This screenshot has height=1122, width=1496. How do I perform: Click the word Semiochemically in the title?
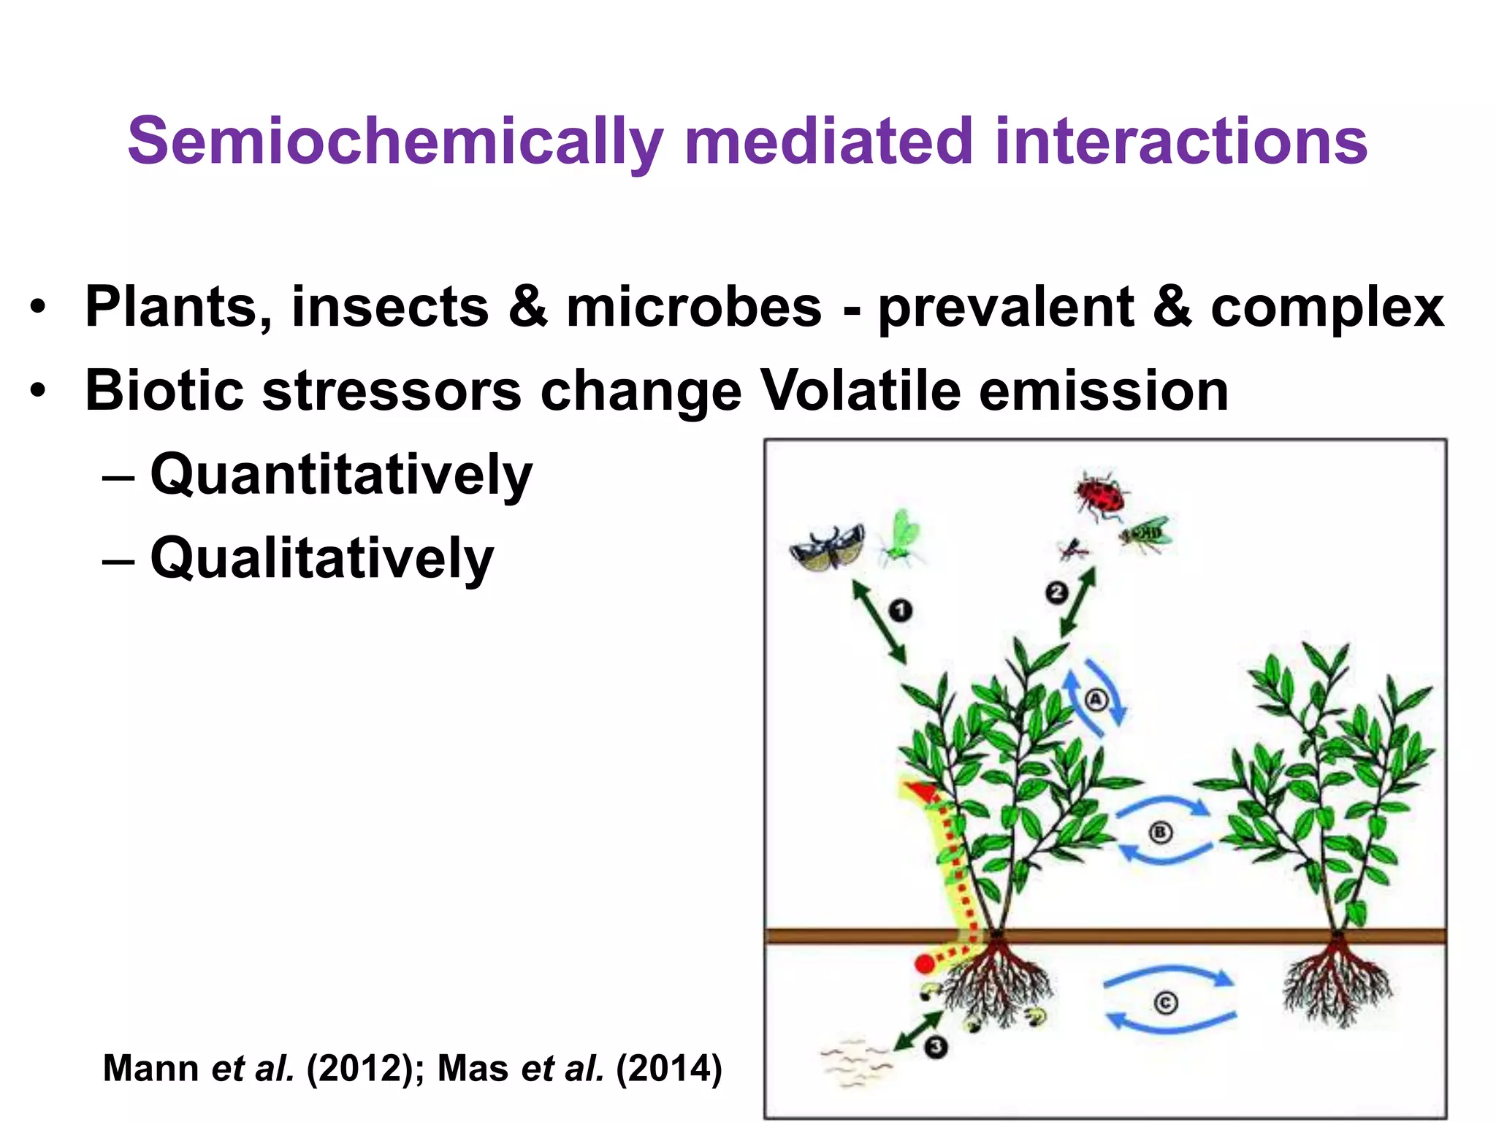[395, 142]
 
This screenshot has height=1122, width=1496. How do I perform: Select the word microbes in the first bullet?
[693, 307]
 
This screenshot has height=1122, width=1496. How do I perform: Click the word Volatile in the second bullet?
[859, 391]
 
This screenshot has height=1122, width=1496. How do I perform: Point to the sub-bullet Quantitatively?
[341, 475]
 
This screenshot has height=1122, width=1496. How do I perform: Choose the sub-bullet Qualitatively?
[321, 559]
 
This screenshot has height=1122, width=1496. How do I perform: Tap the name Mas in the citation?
[473, 1069]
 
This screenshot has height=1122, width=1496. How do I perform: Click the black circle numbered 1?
[901, 610]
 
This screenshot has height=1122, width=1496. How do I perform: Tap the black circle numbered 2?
[1056, 592]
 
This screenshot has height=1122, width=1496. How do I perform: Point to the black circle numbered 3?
[936, 1047]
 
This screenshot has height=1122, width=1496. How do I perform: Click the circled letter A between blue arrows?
[1096, 700]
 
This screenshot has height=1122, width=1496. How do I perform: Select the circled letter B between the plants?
[1161, 833]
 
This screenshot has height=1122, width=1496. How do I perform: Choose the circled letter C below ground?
[1166, 1003]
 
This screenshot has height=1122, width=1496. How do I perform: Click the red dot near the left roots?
[925, 964]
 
